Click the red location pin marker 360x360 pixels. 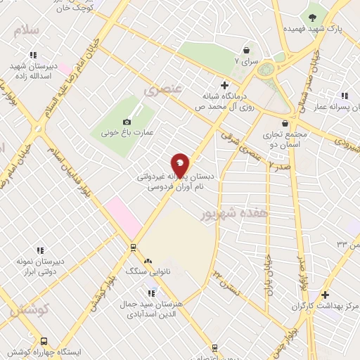(x=180, y=165)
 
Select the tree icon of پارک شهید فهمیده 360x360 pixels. (x=312, y=17)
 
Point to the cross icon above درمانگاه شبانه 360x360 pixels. (x=224, y=85)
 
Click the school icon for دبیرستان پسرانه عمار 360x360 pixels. (x=344, y=96)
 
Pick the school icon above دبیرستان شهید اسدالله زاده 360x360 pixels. (x=32, y=55)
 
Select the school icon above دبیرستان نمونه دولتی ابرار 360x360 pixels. (x=39, y=250)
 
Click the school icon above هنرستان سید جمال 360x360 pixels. (x=150, y=292)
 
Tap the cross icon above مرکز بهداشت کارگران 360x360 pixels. (x=324, y=295)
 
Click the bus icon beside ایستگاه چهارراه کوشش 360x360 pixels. (x=44, y=340)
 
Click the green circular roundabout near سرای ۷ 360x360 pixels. (x=265, y=70)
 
